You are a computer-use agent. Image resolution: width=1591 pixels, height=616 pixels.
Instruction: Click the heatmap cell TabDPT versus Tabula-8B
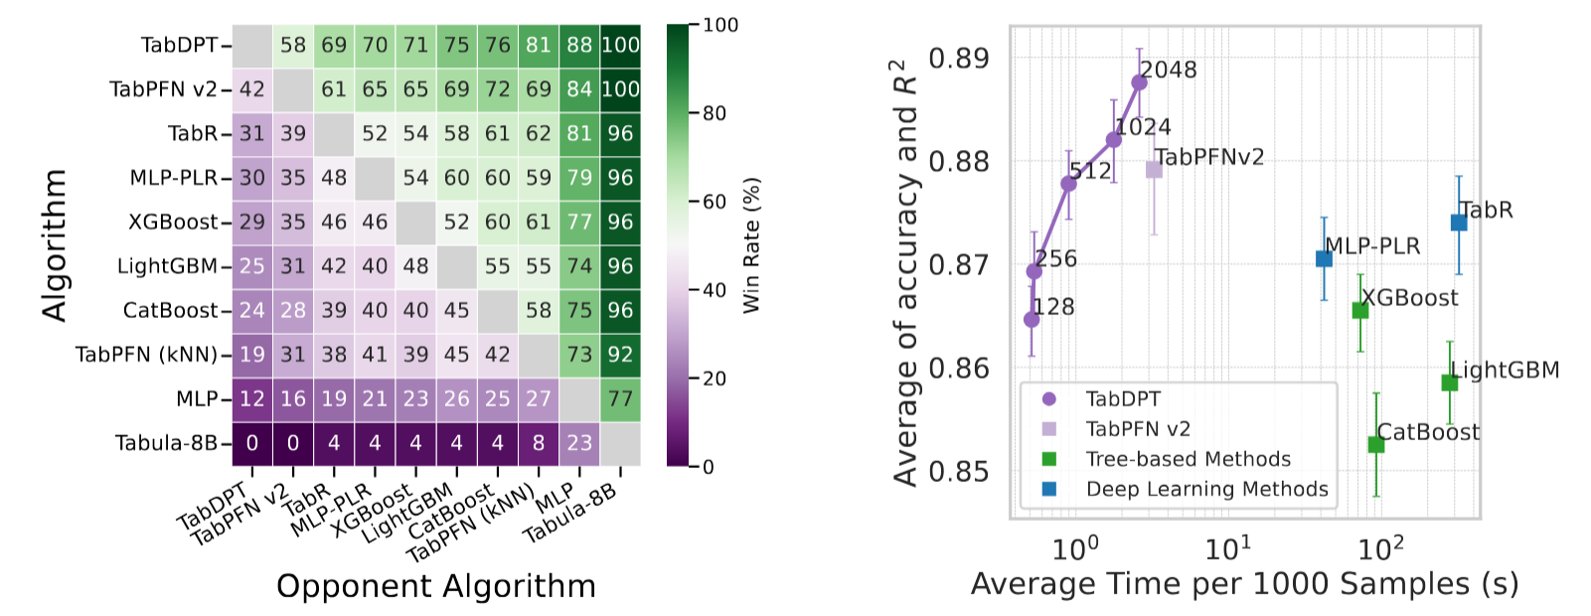[620, 46]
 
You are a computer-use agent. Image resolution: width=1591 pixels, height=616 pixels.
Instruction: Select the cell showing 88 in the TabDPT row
[579, 46]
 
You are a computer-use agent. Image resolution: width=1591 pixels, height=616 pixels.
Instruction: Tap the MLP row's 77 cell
[620, 399]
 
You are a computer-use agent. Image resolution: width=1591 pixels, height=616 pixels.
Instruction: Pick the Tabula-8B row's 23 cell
[579, 443]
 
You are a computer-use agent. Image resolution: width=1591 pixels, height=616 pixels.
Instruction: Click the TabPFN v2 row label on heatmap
[164, 89]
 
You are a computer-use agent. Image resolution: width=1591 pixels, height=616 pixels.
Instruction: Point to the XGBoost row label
[173, 223]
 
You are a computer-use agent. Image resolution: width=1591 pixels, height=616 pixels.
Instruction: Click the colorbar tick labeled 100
[720, 25]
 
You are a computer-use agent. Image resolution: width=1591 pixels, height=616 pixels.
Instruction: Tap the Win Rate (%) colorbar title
[752, 245]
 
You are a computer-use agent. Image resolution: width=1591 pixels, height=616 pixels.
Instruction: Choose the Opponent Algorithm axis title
[436, 586]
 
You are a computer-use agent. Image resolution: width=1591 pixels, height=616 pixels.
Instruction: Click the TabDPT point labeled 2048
[1139, 82]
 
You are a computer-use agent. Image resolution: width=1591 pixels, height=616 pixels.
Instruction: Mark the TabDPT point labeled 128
[1032, 319]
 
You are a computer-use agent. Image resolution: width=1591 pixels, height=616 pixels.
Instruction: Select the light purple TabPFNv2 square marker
[1154, 170]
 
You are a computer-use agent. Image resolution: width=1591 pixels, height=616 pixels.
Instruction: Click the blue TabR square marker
[1459, 223]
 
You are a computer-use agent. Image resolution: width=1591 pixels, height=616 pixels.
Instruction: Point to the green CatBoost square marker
[1376, 444]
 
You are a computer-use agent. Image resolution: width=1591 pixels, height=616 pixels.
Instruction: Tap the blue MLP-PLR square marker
[1324, 258]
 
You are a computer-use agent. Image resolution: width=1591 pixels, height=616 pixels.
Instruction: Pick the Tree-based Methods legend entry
[1188, 459]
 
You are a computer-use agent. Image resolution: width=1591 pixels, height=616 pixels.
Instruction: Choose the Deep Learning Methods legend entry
[1206, 489]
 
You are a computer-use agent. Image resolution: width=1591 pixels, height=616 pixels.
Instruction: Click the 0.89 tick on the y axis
[959, 58]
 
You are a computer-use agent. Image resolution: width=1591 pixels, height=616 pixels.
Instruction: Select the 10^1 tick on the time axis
[1228, 547]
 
